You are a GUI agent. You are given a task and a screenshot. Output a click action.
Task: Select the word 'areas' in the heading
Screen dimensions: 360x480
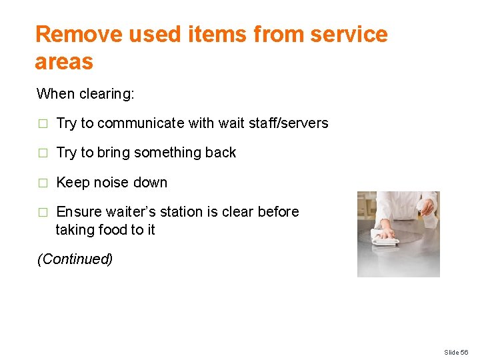click(x=64, y=62)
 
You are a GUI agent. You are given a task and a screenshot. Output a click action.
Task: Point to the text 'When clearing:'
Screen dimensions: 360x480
click(x=85, y=93)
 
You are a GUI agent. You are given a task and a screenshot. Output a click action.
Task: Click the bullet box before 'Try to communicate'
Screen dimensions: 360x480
click(x=43, y=124)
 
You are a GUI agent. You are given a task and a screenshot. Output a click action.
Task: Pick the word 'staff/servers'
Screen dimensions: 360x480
click(x=289, y=123)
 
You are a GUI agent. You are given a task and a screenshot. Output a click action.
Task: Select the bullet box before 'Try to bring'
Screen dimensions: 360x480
click(x=43, y=153)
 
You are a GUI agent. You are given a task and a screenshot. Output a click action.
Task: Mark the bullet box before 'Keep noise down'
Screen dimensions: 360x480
click(x=43, y=183)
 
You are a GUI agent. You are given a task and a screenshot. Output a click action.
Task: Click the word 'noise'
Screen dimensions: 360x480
click(x=111, y=183)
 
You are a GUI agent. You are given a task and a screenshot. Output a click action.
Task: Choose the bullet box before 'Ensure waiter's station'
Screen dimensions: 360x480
click(x=43, y=213)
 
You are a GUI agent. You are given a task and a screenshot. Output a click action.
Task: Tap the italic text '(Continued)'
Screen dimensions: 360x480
click(x=75, y=259)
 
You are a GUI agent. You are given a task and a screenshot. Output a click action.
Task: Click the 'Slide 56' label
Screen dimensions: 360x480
click(x=457, y=351)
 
